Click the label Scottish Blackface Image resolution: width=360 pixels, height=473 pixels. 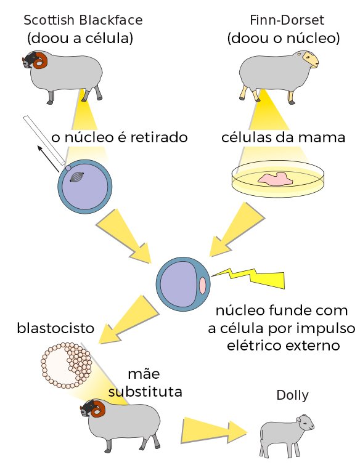tap(83, 20)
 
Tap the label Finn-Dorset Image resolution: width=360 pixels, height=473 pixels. tap(287, 20)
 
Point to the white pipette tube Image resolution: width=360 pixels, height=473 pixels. tap(44, 140)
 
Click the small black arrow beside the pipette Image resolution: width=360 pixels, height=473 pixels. tap(47, 159)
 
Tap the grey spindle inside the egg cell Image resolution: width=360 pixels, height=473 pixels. tap(76, 177)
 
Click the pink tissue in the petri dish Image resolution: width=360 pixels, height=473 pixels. tap(275, 179)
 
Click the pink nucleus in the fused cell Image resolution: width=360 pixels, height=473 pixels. tap(202, 285)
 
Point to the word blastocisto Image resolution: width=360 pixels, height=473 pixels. tap(55, 328)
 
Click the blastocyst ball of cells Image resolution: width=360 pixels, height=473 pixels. tap(67, 365)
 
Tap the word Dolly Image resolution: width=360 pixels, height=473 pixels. tap(293, 395)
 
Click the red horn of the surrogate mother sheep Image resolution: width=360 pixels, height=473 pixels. tap(100, 409)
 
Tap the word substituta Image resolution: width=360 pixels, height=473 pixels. tap(145, 392)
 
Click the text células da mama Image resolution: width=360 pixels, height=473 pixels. tap(283, 137)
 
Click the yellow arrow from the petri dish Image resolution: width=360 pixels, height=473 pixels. tap(237, 229)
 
